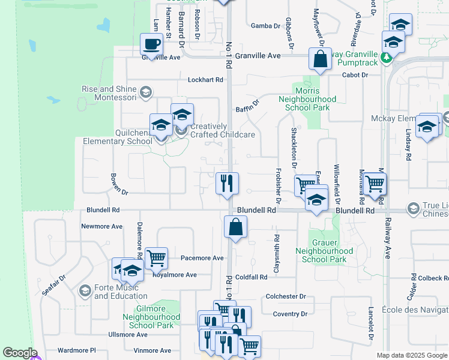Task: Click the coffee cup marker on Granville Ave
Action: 151,44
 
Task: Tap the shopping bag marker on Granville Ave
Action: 320,59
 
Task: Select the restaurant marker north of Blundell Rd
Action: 228,182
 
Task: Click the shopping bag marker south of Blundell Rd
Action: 235,227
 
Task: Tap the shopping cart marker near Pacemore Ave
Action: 156,258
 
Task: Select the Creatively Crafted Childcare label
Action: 223,130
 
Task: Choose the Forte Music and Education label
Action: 121,291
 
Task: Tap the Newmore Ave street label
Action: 102,227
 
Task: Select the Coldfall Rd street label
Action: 251,277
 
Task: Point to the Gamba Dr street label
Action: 265,26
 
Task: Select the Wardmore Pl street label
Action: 76,350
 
